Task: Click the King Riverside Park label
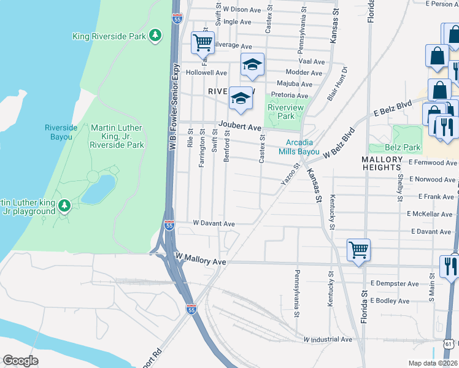click(x=109, y=36)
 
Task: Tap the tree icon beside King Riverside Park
click(x=156, y=36)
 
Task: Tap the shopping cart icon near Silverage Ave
click(x=202, y=43)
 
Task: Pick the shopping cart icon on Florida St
click(x=358, y=250)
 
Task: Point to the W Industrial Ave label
click(x=328, y=339)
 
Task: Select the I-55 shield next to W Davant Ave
click(x=169, y=226)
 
